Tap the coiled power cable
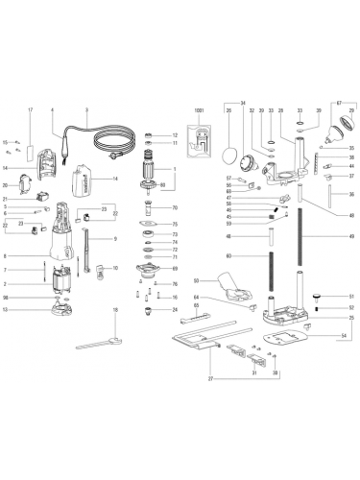(107, 147)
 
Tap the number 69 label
(175, 271)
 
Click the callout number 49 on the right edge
(351, 236)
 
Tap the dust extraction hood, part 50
(229, 283)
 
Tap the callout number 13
(8, 310)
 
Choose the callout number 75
(175, 224)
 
